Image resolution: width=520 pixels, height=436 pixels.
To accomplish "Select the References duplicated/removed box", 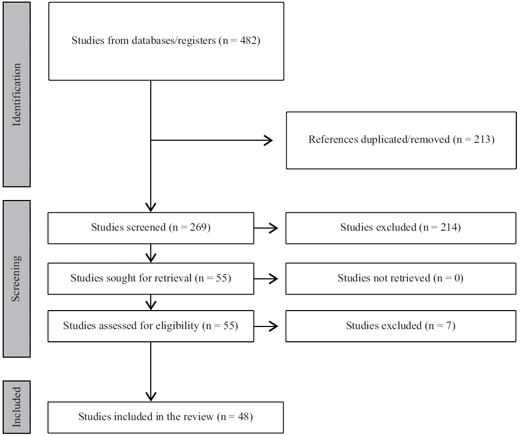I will point(401,140).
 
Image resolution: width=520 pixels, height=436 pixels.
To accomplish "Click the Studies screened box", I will point(151,228).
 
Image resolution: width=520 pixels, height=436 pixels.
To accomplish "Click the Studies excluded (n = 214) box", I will point(400,228).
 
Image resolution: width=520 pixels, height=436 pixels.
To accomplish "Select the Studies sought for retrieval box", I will point(151,278).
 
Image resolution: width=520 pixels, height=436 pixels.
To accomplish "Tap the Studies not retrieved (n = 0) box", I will point(400,278).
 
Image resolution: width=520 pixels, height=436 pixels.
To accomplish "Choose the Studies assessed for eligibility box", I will point(151,326).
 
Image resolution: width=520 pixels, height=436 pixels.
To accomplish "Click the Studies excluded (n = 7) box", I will point(400,326).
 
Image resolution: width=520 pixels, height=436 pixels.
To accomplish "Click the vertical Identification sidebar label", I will point(16,95).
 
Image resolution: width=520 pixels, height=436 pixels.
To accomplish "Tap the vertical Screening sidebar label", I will point(16,279).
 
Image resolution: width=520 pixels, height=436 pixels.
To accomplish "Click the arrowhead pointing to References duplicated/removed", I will point(268,140).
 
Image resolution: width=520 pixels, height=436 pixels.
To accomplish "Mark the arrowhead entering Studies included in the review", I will point(151,396).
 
